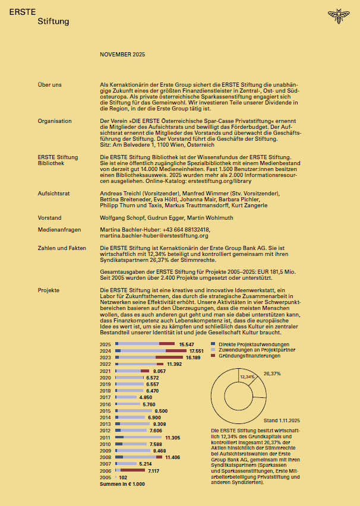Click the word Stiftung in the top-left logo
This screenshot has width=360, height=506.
(x=53, y=21)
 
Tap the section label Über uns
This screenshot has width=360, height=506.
(x=49, y=85)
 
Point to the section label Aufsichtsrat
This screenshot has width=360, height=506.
(x=54, y=194)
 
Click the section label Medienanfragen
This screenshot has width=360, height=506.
(x=59, y=229)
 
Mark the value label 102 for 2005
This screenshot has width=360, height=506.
(x=123, y=477)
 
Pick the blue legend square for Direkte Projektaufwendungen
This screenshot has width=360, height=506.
(x=214, y=344)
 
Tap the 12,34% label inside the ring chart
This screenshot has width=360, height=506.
(x=247, y=377)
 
